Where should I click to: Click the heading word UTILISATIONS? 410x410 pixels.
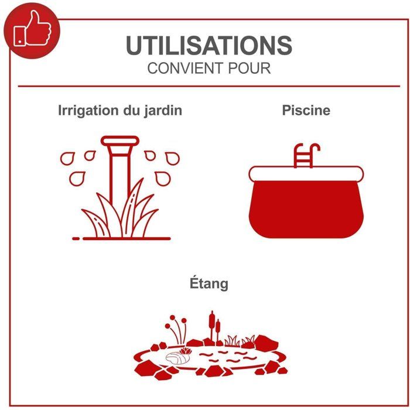[x=209, y=45]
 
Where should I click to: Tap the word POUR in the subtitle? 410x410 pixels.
[x=250, y=69]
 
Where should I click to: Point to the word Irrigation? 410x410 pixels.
[x=88, y=111]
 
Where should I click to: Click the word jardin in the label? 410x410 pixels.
[x=163, y=111]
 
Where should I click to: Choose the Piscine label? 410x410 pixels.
[x=306, y=110]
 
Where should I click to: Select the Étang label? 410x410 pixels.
[x=209, y=283]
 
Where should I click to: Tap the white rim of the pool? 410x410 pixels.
[x=306, y=173]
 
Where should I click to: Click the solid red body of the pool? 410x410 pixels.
[x=306, y=209]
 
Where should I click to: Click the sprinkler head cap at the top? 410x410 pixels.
[x=120, y=141]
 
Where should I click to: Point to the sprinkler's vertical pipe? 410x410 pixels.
[x=120, y=178]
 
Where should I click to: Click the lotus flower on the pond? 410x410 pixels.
[x=186, y=351]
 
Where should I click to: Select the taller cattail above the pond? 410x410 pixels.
[x=212, y=327]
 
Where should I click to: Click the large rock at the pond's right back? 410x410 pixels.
[x=266, y=341]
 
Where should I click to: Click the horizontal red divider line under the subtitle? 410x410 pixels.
[x=209, y=86]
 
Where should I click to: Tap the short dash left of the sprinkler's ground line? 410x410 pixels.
[x=76, y=238]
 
